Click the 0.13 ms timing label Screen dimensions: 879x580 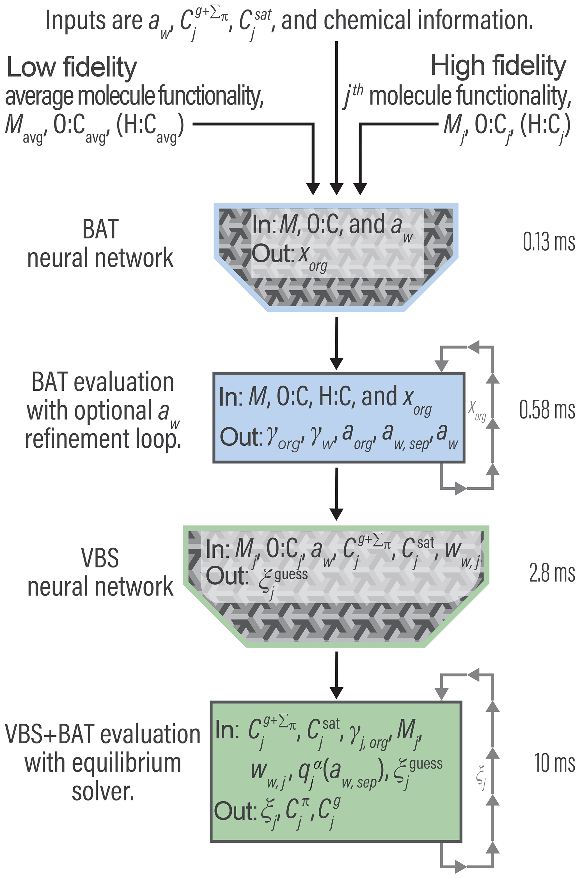pyautogui.click(x=549, y=242)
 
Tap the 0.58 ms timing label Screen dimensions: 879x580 pyautogui.click(x=547, y=410)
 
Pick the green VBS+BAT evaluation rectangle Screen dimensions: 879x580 pyautogui.click(x=336, y=771)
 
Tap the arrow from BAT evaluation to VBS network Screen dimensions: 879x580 pyautogui.click(x=336, y=494)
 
